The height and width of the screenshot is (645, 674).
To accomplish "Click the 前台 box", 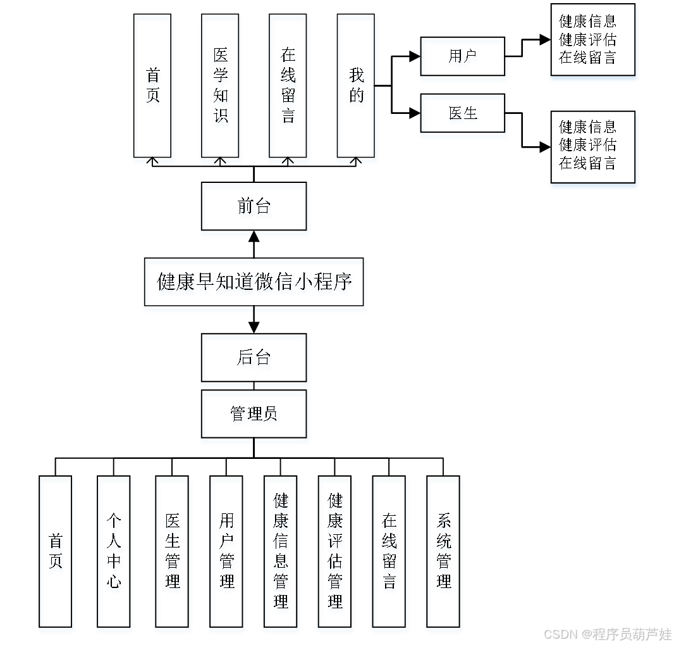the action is click(254, 206).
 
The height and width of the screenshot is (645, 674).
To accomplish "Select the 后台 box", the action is click(254, 357).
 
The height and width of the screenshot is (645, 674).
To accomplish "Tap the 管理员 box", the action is click(254, 414).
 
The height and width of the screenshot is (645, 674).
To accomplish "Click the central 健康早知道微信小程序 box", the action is click(254, 282).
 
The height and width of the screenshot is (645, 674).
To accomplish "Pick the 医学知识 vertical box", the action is click(220, 85).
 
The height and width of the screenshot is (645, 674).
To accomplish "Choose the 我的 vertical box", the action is click(356, 85).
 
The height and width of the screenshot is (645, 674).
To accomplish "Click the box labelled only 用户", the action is click(463, 56).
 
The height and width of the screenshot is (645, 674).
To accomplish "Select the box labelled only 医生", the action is click(463, 113).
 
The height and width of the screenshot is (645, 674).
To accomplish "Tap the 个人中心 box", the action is click(113, 551).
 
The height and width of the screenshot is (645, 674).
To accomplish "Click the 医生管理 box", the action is click(172, 551).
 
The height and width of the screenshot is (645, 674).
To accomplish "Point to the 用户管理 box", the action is click(226, 551).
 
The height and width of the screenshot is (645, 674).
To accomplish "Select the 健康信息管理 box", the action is click(280, 551).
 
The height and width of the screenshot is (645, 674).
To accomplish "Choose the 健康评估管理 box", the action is click(335, 551).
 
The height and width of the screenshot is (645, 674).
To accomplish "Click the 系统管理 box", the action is click(443, 551).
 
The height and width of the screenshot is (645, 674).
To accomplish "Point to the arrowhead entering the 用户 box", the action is click(415, 56).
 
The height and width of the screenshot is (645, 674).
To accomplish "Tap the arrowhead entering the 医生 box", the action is click(415, 113).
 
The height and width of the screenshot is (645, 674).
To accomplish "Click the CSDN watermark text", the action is click(608, 634).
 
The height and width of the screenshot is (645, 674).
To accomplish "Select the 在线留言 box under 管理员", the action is click(389, 551).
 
